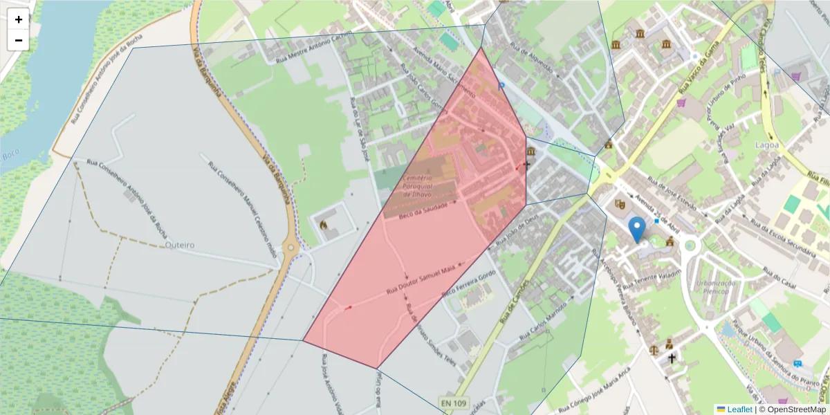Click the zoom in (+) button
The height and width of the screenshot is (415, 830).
[19, 19]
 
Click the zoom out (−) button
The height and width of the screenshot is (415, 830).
[19, 40]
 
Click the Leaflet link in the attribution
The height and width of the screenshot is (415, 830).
[739, 409]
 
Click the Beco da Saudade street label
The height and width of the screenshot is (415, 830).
[429, 211]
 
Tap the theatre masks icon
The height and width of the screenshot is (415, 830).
[620, 204]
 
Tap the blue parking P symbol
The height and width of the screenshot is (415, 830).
[502, 86]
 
